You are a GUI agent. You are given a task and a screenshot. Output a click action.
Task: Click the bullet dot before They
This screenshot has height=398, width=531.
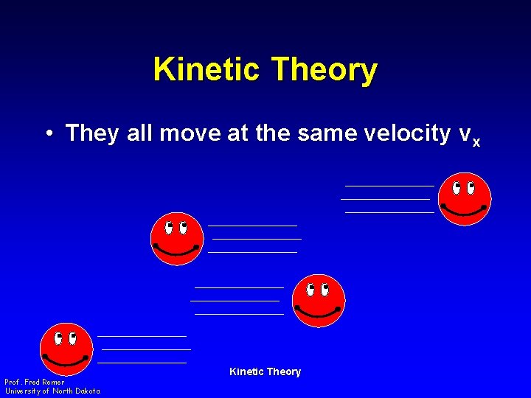point(47,133)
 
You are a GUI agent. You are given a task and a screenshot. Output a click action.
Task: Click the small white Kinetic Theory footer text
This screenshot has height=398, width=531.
point(265,371)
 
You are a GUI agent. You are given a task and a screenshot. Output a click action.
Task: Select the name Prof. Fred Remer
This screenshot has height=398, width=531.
point(35,383)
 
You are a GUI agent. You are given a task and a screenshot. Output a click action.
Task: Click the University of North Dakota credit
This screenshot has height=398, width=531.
point(52,391)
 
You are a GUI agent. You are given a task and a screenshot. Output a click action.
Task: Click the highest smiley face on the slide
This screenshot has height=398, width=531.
point(464,199)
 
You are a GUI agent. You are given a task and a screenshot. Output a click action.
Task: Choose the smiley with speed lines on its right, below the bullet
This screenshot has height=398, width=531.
point(176,239)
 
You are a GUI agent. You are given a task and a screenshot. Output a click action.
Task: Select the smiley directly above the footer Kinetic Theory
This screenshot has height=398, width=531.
point(319,301)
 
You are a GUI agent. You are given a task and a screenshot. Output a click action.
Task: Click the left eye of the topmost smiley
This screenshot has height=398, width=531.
point(457,187)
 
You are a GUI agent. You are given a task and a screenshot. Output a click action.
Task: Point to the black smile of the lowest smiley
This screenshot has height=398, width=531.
point(66,361)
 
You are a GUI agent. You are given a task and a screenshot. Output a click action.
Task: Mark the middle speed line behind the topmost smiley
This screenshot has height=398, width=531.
point(385,199)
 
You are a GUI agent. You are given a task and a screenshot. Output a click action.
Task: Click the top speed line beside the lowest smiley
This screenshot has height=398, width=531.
point(142,336)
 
